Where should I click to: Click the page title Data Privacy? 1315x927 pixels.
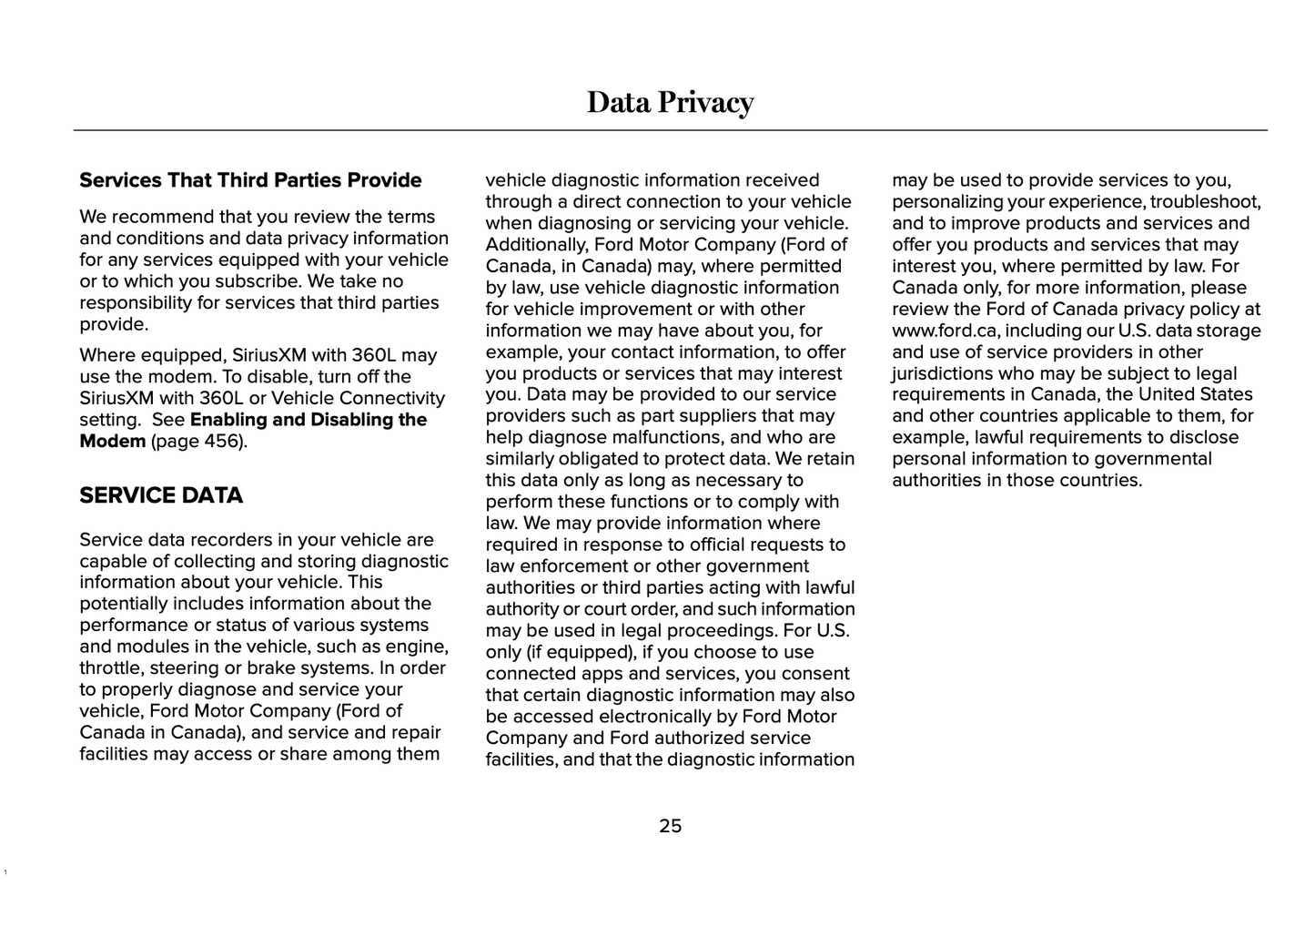tap(670, 102)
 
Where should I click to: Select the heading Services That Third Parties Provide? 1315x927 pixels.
tap(250, 180)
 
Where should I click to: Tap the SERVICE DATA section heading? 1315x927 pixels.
tap(161, 495)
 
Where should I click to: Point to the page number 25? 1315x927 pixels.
tap(670, 826)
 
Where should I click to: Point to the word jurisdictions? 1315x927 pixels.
tap(942, 373)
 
